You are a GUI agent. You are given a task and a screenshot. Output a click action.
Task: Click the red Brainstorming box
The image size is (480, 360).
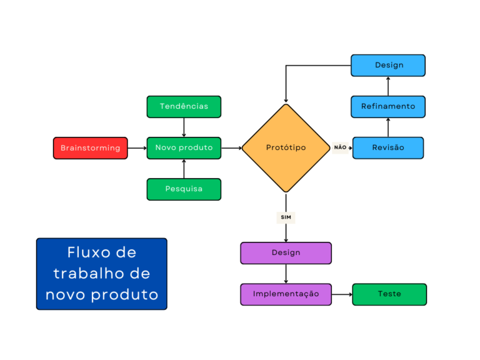90,148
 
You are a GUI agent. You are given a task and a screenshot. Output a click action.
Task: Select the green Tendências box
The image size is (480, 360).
184,106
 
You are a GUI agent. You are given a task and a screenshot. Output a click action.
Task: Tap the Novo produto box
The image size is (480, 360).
184,148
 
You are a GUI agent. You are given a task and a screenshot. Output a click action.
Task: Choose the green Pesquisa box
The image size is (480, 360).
184,189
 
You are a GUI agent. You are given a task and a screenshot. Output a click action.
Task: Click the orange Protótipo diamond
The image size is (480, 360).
286,148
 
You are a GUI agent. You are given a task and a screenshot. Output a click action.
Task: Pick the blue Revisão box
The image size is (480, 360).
388,148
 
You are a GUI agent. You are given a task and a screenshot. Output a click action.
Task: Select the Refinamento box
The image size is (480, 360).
388,106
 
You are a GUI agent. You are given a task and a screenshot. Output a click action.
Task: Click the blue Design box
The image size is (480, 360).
388,65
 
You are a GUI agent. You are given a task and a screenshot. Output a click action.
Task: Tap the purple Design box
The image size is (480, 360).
286,253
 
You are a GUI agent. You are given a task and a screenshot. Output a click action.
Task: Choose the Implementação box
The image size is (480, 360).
286,294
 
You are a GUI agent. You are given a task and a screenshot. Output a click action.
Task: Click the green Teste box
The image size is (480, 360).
389,294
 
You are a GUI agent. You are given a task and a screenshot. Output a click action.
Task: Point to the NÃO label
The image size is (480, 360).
340,147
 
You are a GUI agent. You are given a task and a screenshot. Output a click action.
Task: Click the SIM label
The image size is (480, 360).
286,217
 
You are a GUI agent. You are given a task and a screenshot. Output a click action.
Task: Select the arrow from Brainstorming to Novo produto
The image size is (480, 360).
137,148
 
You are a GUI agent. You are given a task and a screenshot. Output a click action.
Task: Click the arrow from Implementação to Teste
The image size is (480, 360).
342,294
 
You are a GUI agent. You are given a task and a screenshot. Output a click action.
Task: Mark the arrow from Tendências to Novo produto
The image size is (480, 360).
184,127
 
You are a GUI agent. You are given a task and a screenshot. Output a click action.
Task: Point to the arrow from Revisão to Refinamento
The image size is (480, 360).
388,127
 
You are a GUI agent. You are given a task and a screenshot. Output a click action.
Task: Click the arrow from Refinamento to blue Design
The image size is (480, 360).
388,86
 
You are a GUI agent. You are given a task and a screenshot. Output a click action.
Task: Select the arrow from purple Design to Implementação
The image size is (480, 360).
286,274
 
